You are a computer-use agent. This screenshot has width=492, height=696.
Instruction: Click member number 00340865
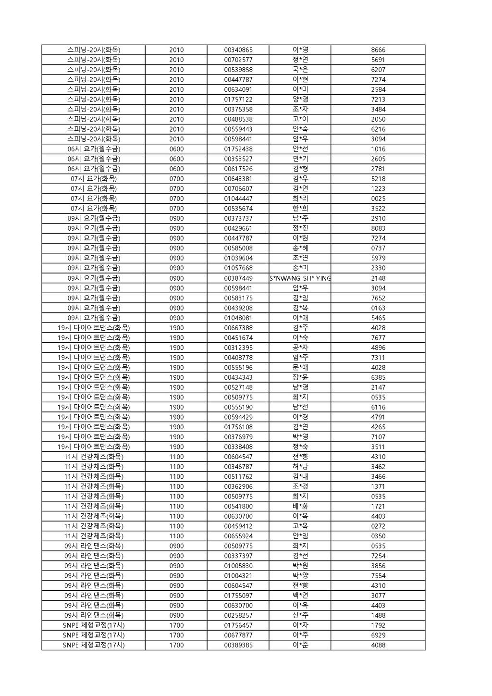tap(238, 50)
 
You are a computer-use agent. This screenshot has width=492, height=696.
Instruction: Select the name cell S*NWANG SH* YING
tap(300, 278)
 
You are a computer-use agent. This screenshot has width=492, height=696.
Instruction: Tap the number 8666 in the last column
tap(378, 50)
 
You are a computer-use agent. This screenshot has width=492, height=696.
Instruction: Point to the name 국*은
tap(300, 70)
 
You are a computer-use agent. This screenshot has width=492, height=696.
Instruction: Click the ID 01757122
tap(238, 99)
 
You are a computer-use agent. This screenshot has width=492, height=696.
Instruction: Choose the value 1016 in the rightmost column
tap(378, 149)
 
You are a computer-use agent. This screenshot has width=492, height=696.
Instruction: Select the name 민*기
tap(300, 159)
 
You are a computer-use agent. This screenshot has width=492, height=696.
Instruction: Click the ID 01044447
tap(238, 199)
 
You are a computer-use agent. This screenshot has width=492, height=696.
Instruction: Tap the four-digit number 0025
tap(378, 199)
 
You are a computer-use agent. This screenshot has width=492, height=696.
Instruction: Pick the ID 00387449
tap(238, 278)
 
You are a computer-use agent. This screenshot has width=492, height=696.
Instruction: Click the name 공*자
tap(300, 348)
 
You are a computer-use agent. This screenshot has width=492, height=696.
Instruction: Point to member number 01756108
tap(238, 427)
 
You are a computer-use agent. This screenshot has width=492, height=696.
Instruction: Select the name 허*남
tap(300, 467)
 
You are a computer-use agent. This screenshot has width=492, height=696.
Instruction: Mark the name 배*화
tap(300, 506)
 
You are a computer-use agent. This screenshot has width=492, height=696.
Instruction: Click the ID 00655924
tap(238, 536)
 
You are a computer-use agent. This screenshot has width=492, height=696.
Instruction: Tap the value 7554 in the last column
tap(378, 576)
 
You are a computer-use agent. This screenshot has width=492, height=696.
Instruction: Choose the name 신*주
tap(300, 615)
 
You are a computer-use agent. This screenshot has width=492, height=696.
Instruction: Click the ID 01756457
tap(238, 625)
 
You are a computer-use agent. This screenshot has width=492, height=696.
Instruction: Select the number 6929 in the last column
tap(378, 635)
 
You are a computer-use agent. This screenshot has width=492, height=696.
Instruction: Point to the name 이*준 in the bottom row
tap(300, 645)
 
